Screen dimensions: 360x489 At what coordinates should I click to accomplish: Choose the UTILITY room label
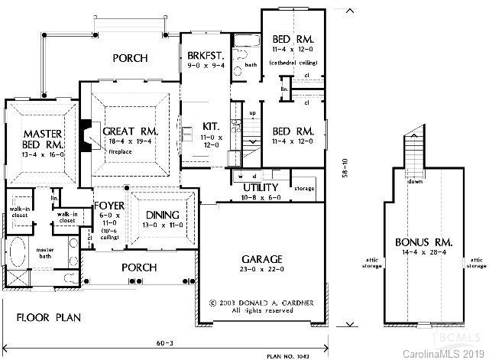tap(260, 186)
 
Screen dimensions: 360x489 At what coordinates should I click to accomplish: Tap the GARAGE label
tap(263, 259)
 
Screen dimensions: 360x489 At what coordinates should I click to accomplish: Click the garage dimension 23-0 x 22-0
tap(263, 270)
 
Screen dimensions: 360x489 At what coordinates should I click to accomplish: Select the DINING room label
tap(161, 215)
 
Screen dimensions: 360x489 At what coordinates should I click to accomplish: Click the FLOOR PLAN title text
tap(50, 316)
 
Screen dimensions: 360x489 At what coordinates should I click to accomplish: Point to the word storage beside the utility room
tap(304, 187)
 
